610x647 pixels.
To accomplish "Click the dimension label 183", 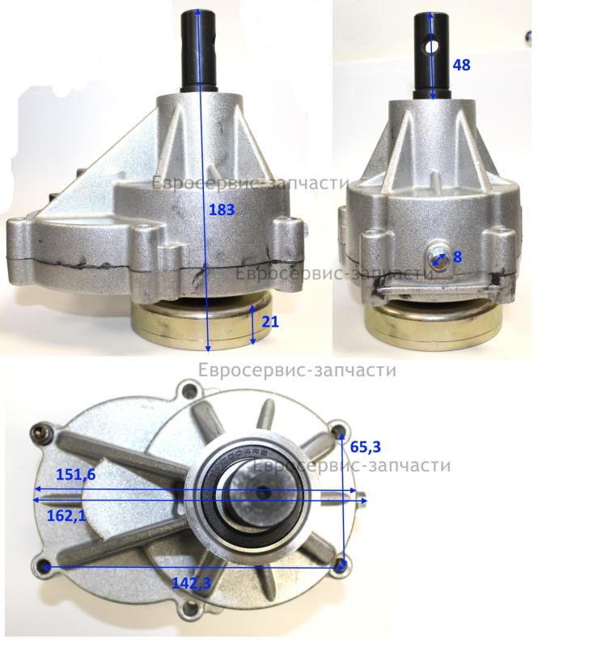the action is (x=222, y=210).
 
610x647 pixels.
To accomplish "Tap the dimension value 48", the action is (x=461, y=66).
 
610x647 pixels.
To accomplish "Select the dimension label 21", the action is (x=270, y=321).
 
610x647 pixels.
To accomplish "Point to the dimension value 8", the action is (x=457, y=257).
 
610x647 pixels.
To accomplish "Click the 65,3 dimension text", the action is (x=365, y=446).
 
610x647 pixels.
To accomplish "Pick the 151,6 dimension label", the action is (x=75, y=475).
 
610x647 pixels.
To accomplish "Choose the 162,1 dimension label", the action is (x=66, y=515).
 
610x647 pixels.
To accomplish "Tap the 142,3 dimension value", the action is (x=192, y=583).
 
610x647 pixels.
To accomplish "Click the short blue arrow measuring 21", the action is (x=252, y=325).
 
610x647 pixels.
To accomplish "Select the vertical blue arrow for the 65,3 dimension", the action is (x=341, y=498).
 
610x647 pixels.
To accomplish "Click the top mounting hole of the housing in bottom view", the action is (x=190, y=390).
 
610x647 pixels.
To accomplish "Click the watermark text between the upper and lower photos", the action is (x=297, y=370).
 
